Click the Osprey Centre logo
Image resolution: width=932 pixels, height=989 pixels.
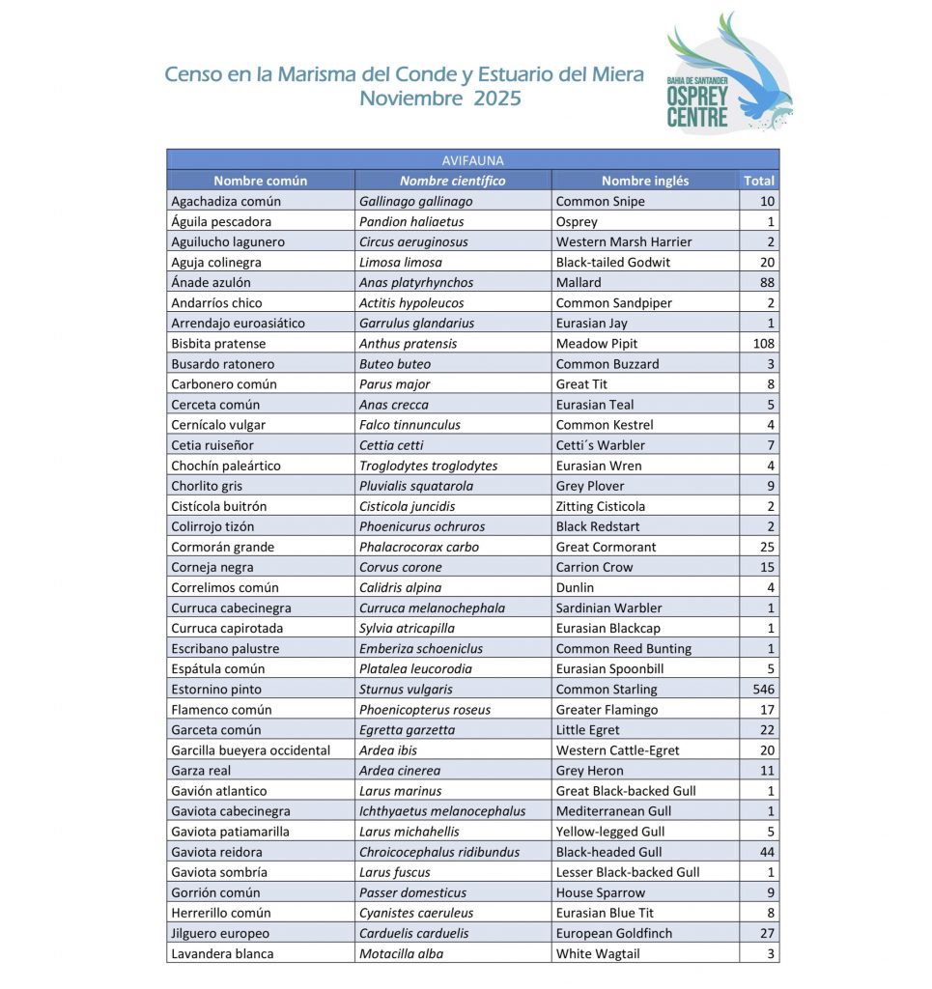coord(728,74)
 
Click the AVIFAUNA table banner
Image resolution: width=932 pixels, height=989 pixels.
coord(472,160)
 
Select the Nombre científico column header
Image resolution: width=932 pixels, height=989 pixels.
coord(452,181)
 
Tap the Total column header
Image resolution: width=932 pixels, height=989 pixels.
coord(759,181)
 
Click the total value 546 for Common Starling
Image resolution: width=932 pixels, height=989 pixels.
coord(763,690)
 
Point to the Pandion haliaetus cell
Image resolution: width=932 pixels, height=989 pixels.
coord(411,222)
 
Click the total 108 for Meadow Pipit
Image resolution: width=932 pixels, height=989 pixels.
coord(763,344)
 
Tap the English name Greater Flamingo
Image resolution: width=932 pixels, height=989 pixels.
coord(607,710)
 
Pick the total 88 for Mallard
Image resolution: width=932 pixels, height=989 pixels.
coord(767,283)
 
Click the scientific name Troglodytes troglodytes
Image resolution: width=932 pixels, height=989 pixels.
coord(428,466)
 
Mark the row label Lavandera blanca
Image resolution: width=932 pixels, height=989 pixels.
coord(222,954)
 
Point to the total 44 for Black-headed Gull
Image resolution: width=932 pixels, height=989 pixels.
coord(767,852)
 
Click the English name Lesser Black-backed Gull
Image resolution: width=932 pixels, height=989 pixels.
coord(628,872)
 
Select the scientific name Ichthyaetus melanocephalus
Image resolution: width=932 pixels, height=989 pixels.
coord(442,811)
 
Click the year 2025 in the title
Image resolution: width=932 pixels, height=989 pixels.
coord(497,99)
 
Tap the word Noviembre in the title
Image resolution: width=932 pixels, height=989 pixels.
coord(410,99)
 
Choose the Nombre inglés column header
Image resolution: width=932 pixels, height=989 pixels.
coord(645,181)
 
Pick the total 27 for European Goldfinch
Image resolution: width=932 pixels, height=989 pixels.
coord(767,934)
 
